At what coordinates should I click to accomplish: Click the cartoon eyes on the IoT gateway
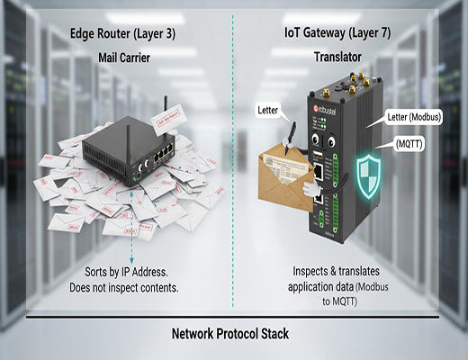point(322,141)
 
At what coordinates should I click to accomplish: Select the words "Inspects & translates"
point(334,270)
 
